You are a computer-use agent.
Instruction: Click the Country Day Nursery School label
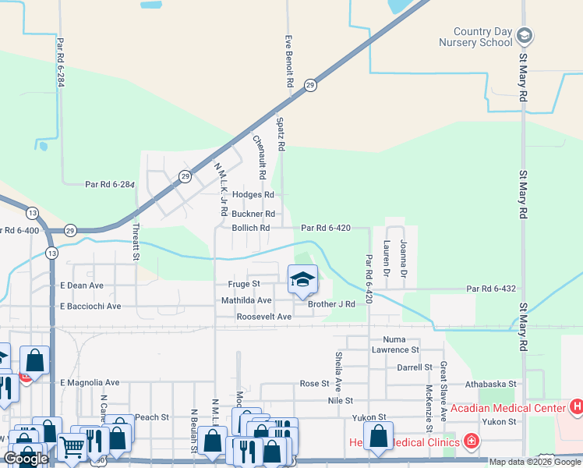point(475,37)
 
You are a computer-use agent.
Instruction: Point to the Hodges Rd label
point(253,195)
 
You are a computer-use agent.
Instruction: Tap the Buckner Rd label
point(253,214)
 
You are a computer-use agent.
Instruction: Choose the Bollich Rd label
point(250,228)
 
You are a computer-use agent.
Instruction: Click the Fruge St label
point(243,285)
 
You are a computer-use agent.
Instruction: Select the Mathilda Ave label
point(246,300)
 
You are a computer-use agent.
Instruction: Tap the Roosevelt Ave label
point(263,317)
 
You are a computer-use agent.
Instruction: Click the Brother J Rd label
point(331,304)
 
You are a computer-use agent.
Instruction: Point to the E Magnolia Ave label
point(90,383)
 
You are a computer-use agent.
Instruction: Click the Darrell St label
point(414,367)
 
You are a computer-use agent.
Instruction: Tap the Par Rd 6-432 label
point(492,289)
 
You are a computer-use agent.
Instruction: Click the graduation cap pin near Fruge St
point(302,278)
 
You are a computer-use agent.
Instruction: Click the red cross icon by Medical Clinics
point(471,442)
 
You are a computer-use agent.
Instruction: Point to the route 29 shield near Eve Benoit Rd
point(309,85)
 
